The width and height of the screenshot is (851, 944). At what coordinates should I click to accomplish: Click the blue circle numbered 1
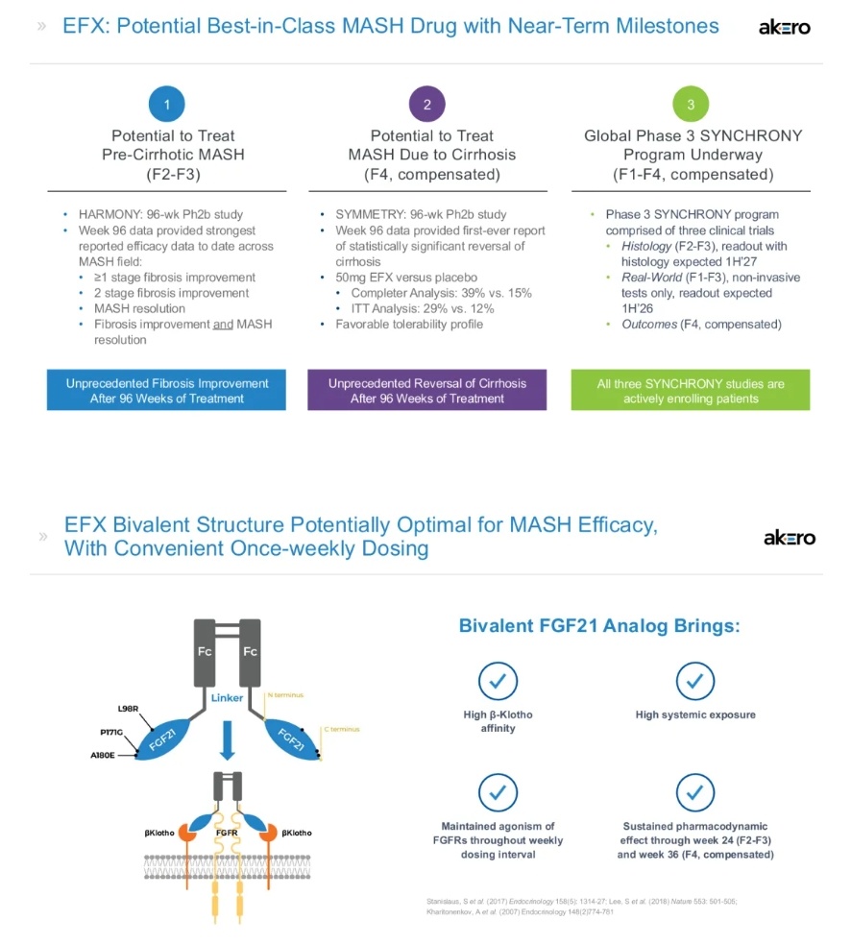pos(167,105)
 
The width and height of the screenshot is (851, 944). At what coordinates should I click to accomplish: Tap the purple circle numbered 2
pos(427,105)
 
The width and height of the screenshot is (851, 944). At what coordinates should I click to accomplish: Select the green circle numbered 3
pos(690,105)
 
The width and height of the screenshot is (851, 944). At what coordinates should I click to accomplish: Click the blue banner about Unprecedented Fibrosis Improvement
pos(166,390)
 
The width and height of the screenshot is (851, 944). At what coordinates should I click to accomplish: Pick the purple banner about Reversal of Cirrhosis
pos(426,390)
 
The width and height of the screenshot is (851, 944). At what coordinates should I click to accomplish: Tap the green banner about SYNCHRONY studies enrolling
pos(690,390)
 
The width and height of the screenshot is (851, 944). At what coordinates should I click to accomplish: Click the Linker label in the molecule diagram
pos(228,697)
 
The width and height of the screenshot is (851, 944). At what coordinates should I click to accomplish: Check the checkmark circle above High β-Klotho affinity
pos(498,681)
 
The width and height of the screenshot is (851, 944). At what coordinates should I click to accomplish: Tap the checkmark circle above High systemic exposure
pos(694,681)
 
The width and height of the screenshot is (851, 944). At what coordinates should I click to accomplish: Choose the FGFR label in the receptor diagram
pos(227,832)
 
